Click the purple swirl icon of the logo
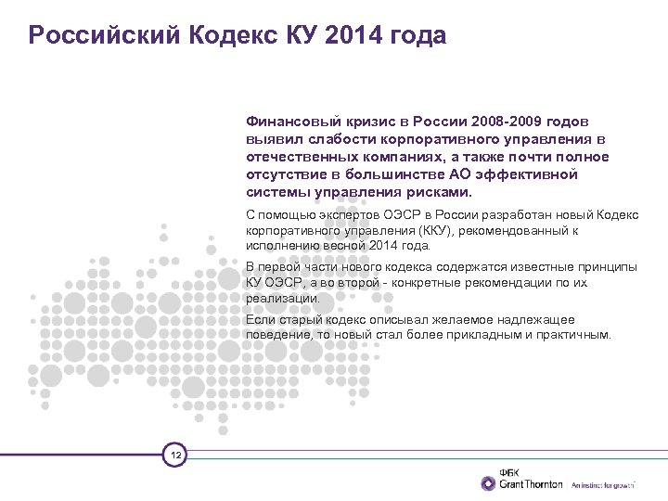488,483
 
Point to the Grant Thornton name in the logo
531,484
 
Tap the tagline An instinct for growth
602,485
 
